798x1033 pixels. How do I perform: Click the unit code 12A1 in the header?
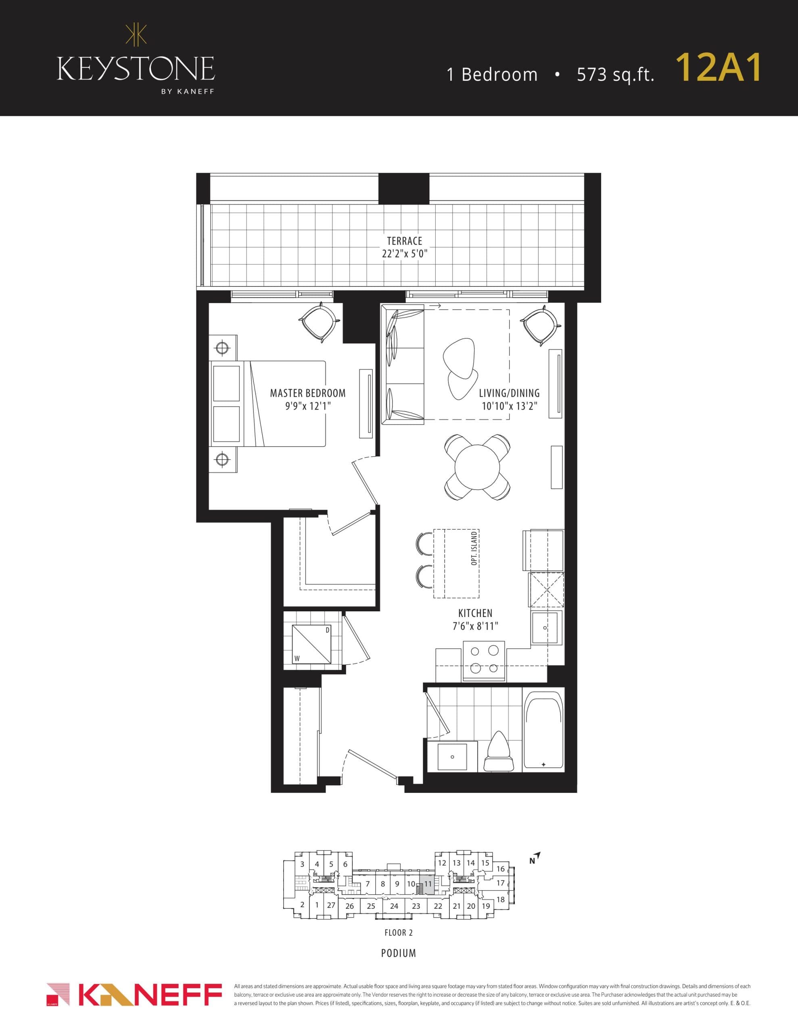(718, 68)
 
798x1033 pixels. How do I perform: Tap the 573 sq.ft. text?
(615, 75)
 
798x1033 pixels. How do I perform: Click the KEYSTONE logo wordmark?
(136, 69)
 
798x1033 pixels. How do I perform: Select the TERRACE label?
(404, 241)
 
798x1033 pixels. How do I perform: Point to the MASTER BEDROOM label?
(307, 393)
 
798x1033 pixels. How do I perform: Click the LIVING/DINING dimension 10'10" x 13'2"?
(509, 406)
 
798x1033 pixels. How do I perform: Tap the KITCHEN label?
(475, 613)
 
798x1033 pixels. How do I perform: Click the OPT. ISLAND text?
(474, 549)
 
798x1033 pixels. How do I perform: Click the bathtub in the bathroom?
(544, 730)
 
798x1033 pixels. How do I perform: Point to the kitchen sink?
(546, 627)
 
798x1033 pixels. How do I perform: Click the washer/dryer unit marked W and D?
(311, 644)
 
